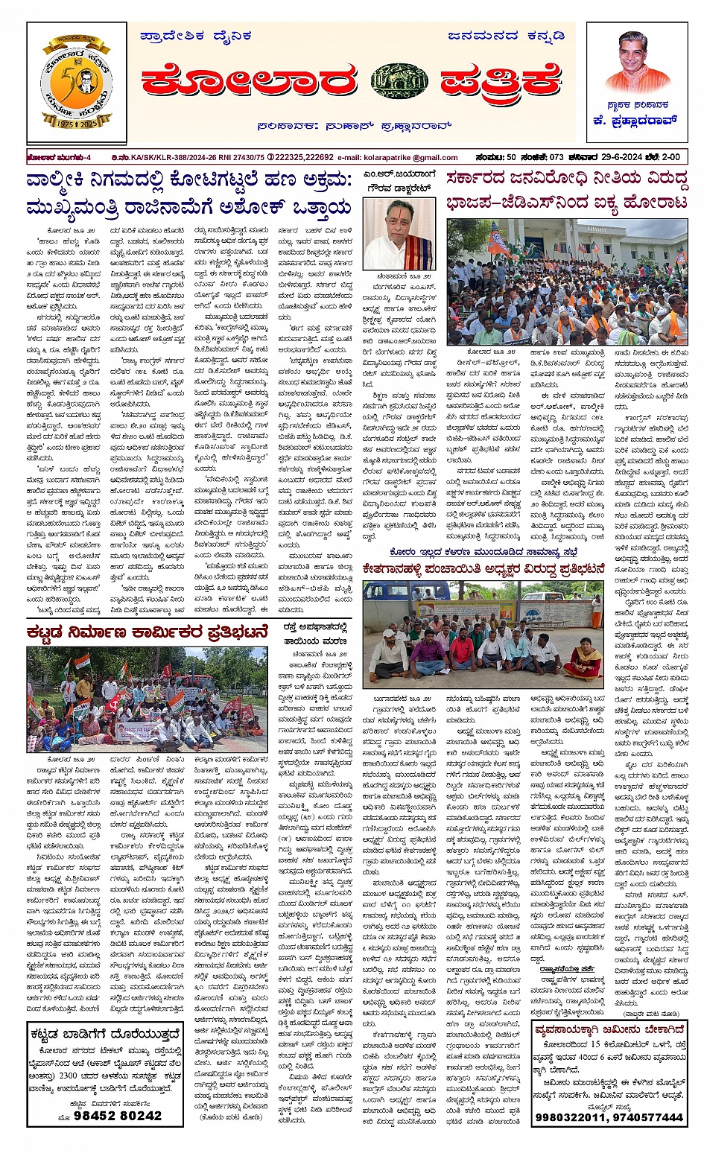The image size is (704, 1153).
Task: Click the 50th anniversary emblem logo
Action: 77,83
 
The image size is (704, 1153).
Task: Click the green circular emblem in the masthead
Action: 399,82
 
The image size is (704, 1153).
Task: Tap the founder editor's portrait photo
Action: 637,63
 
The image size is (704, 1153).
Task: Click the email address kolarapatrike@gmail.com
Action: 398,158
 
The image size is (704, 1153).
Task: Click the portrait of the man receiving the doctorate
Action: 399,233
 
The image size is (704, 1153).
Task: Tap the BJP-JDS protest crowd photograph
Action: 567,282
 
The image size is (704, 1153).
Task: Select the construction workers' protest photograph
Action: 147,699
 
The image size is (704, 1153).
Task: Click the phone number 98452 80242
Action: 108,1115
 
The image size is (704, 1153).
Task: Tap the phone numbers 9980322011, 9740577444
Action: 609,1117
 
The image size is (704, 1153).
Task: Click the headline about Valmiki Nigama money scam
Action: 188,194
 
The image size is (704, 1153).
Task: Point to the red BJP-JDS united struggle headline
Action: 566,190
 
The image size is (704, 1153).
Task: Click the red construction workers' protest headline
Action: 146,633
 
